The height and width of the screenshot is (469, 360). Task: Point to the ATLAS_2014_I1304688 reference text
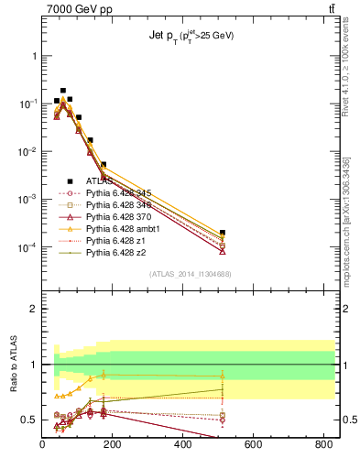pyautogui.click(x=189, y=275)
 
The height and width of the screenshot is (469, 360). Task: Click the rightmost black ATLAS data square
pyautogui.click(x=223, y=233)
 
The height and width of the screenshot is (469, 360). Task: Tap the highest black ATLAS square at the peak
pyautogui.click(x=62, y=91)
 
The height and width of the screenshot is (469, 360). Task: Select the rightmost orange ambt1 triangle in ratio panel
pyautogui.click(x=223, y=376)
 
